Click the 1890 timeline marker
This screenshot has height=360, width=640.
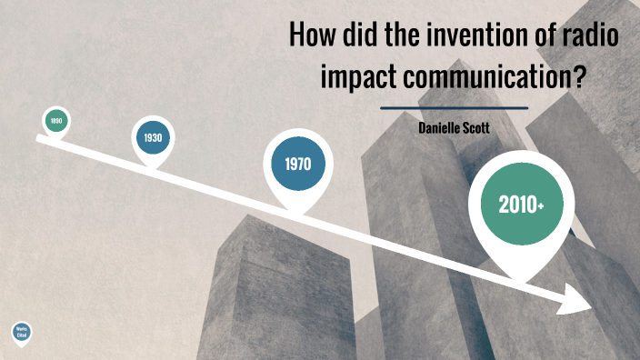(x=56, y=120)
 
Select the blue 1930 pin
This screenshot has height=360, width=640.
(x=152, y=138)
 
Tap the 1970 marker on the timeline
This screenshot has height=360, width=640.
(x=298, y=165)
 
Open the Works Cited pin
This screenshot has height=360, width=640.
(x=21, y=334)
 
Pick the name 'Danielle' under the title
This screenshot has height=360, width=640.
(x=440, y=130)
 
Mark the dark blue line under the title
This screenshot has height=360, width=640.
(x=454, y=107)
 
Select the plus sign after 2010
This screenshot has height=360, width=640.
(x=541, y=207)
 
